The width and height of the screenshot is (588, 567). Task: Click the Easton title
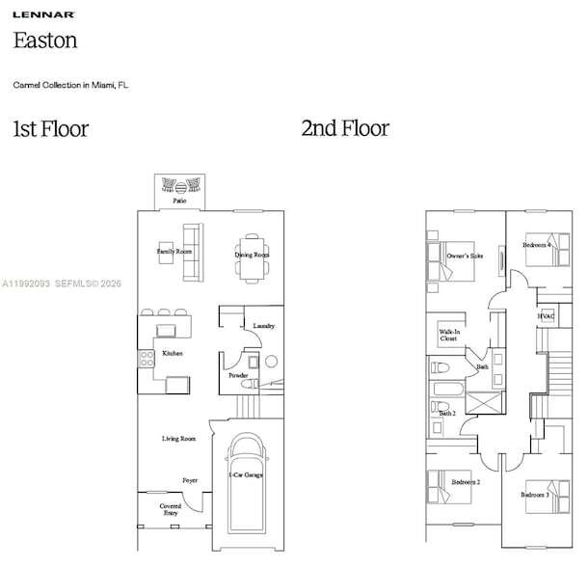point(44,40)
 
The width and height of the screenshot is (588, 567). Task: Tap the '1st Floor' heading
point(50,128)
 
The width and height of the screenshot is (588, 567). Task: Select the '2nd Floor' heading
point(344,128)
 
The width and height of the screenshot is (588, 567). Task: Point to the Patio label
point(180,202)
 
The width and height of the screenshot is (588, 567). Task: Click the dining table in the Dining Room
point(252,257)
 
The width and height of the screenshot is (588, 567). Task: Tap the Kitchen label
point(173,354)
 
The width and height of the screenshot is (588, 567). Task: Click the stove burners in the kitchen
point(147,360)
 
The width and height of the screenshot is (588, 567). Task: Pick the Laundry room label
point(264,326)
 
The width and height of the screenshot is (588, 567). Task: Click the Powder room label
point(238,375)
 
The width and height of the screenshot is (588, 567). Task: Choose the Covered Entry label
point(171,509)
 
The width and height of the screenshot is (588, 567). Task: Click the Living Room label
point(178,439)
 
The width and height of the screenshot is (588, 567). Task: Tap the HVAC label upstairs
point(546,316)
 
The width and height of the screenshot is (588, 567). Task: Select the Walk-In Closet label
point(448,336)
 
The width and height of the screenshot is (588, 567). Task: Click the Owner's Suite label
point(465,256)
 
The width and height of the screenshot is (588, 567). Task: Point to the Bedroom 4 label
point(536,245)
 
